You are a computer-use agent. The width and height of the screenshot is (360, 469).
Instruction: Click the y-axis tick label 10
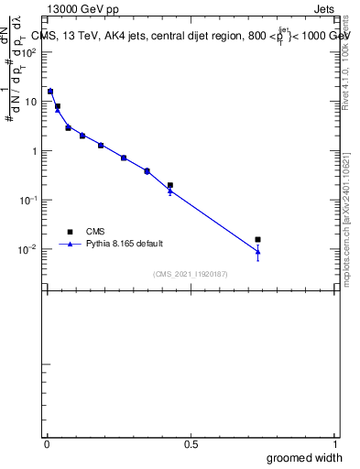tap(30, 102)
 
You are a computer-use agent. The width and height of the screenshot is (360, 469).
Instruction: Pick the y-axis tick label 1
tap(35, 151)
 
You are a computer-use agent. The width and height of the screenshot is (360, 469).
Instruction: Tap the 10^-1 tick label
tap(30, 200)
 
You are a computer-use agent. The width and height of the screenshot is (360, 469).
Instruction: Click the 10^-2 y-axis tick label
tap(30, 249)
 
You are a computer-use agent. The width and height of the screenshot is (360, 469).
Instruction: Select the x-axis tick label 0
tap(48, 445)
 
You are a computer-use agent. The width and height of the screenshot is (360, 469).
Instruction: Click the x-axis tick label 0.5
tap(191, 445)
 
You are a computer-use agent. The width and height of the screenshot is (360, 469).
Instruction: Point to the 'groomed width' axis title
tap(305, 457)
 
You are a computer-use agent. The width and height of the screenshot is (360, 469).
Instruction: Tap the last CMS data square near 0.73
tap(258, 240)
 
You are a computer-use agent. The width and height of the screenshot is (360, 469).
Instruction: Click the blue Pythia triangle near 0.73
tap(258, 251)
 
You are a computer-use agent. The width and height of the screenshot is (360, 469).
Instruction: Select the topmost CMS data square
tap(50, 92)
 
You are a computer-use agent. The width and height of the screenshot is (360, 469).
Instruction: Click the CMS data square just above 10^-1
tap(170, 185)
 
